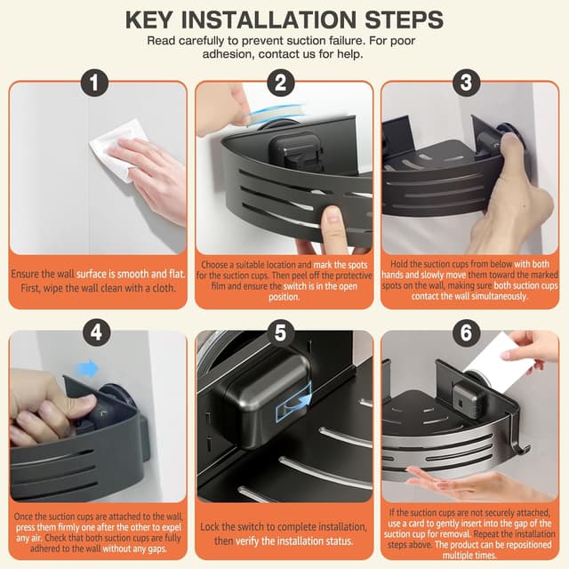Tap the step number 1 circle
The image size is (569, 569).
coord(95,83)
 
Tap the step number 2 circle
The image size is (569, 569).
coord(281,83)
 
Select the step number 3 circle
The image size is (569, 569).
coord(467,83)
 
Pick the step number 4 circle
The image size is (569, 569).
coord(96,332)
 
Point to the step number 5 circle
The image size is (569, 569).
coord(281,332)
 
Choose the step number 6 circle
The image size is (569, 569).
coord(467,332)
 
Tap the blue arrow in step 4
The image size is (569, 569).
coord(88,369)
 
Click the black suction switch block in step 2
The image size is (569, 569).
coord(296,151)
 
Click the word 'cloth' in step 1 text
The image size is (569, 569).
coord(162,288)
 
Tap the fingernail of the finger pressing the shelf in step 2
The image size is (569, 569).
coord(332,215)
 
